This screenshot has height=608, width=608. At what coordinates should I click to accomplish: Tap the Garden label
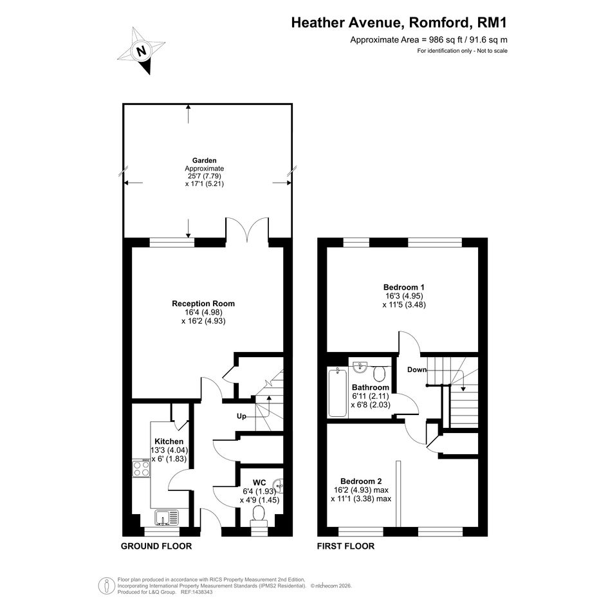tap(205, 160)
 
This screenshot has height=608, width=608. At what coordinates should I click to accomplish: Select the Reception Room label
tap(203, 304)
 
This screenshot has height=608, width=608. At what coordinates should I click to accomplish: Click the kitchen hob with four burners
tap(141, 468)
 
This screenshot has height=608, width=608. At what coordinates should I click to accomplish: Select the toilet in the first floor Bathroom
tap(379, 374)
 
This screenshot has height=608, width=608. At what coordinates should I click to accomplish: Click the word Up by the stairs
tap(241, 416)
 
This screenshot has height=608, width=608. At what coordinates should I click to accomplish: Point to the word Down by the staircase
tap(417, 369)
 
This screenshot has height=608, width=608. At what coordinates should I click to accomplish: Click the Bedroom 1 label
tap(403, 288)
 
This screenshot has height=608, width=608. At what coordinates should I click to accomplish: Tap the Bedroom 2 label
tap(361, 481)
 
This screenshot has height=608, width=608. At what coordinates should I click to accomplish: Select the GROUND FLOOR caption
tap(156, 546)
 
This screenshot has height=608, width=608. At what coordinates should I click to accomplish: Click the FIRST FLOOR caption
tap(346, 546)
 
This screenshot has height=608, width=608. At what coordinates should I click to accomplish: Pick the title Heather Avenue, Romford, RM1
tap(399, 23)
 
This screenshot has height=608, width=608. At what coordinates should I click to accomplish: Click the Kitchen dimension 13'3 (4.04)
tap(169, 450)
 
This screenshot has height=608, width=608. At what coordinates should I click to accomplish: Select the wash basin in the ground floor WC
tap(279, 484)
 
